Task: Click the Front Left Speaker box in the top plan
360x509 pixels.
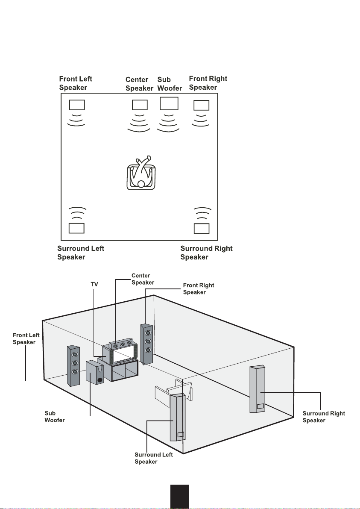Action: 77,105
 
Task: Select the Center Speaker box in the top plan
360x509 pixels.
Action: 140,105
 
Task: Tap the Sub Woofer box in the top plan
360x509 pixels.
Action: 169,103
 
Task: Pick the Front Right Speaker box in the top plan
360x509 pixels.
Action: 202,105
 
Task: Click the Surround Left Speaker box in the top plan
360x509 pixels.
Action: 76,228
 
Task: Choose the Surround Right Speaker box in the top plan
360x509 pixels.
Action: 202,228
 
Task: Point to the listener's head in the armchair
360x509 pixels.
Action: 141,184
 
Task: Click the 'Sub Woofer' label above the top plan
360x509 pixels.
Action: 170,84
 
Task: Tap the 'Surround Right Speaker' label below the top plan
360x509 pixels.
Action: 206,253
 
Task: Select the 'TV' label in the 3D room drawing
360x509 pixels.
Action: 94,284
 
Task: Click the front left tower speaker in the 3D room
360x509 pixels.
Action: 73,365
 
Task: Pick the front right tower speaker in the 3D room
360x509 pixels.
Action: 146,344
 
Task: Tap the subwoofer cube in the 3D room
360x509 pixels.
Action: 95,373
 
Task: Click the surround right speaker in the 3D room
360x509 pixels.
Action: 257,389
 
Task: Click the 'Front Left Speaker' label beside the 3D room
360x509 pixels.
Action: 26,338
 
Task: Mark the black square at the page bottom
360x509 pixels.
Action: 180,497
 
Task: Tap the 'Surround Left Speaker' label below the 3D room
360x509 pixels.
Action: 154,458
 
